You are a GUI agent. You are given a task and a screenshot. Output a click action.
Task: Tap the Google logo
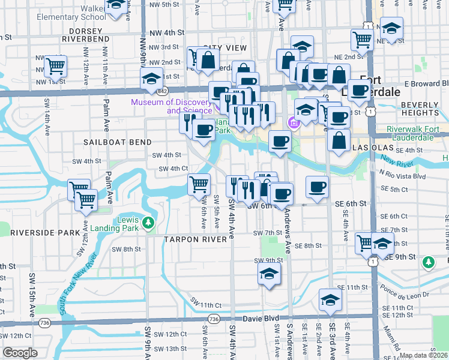tap(20, 353)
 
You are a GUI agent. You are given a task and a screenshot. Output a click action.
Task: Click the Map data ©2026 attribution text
tap(424, 355)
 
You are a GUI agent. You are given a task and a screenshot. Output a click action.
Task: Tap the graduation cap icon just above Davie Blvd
tap(330, 301)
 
